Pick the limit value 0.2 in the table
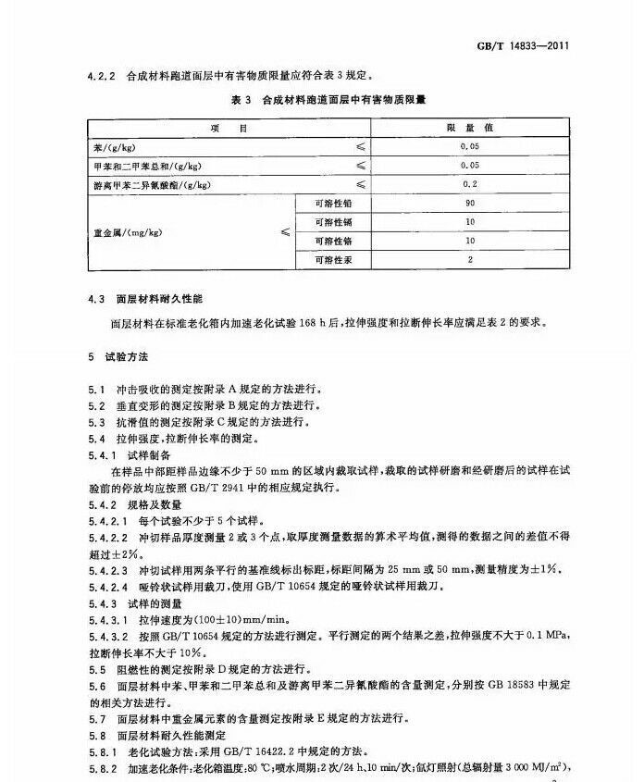click(470, 184)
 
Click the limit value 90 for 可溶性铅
click(470, 203)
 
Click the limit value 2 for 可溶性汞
click(470, 260)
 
